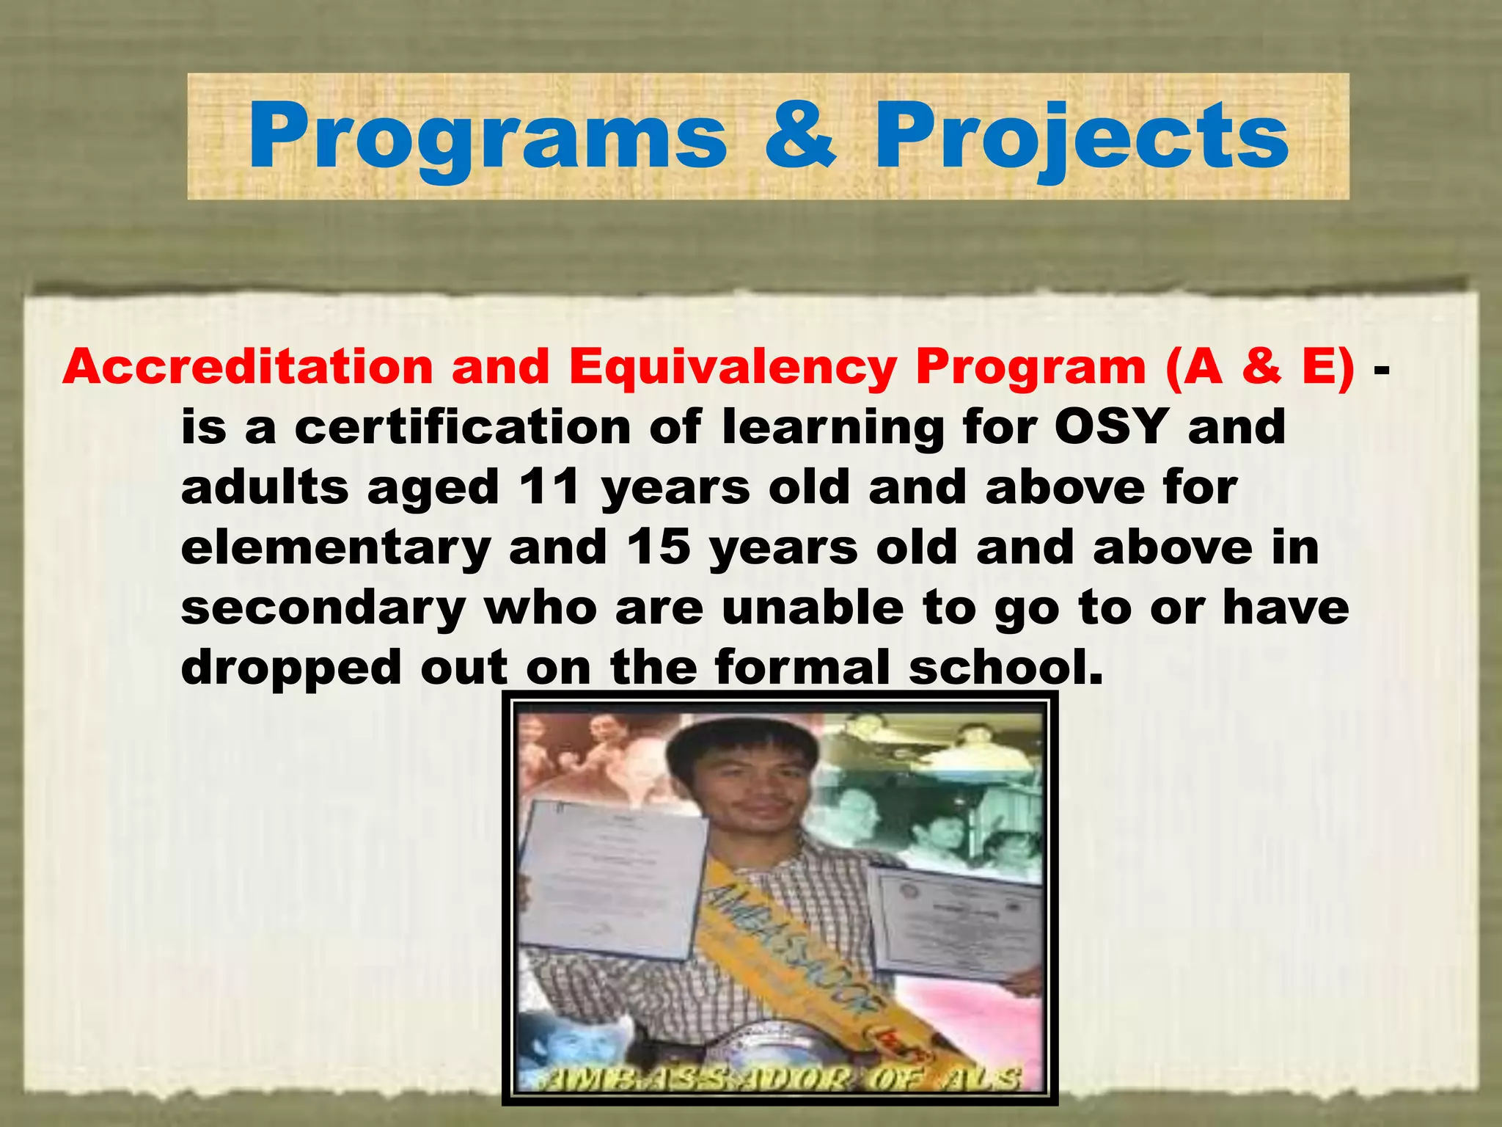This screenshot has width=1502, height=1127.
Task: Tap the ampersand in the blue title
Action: pos(799,136)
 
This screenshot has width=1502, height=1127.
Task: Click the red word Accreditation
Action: pos(248,366)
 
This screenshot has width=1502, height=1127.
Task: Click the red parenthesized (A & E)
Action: pos(1259,366)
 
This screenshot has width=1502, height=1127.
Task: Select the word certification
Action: pos(462,426)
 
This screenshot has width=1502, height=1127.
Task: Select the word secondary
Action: pos(323,608)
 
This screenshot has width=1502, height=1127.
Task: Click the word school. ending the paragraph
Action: pos(1005,667)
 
